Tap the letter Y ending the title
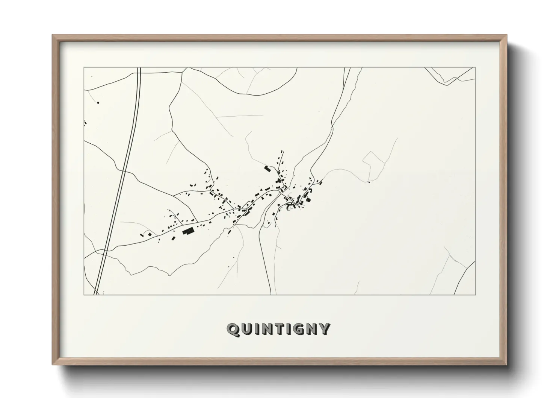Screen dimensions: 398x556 coord(324,329)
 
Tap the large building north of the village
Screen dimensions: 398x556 coord(267,169)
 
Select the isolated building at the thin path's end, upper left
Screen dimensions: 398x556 coord(98,102)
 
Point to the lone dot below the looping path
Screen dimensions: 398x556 coord(369,183)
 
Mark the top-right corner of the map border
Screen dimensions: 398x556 coord(475,67)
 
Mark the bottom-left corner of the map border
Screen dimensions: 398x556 coord(84,295)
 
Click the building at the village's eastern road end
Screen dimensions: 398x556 coord(320,183)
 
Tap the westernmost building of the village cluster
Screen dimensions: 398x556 coord(142,234)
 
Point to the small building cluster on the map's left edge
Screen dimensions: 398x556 coord(85,123)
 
